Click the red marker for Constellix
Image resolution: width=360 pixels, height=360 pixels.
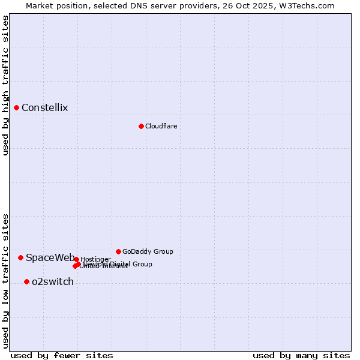point(16,108)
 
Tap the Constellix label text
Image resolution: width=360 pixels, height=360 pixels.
point(44,108)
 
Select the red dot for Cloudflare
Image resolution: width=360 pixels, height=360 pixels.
point(141,126)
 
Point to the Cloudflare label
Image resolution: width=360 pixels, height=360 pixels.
point(161,126)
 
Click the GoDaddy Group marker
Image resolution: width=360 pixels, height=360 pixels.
point(118,251)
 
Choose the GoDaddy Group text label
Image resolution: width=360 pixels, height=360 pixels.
point(148,251)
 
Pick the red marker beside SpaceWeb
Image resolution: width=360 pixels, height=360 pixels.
point(20,257)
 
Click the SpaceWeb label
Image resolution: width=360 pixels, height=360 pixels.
point(50,258)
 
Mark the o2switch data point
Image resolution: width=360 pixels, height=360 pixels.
point(26,281)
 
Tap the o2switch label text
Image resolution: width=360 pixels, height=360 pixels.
point(52,282)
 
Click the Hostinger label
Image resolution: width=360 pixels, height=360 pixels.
point(95,259)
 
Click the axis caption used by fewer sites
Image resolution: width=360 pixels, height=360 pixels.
point(62,355)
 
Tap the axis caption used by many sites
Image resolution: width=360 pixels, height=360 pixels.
point(301,355)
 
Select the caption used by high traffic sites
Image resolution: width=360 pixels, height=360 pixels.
point(5,85)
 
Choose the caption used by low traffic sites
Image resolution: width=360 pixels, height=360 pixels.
point(5,280)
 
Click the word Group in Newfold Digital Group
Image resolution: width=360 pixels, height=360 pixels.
point(142,264)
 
